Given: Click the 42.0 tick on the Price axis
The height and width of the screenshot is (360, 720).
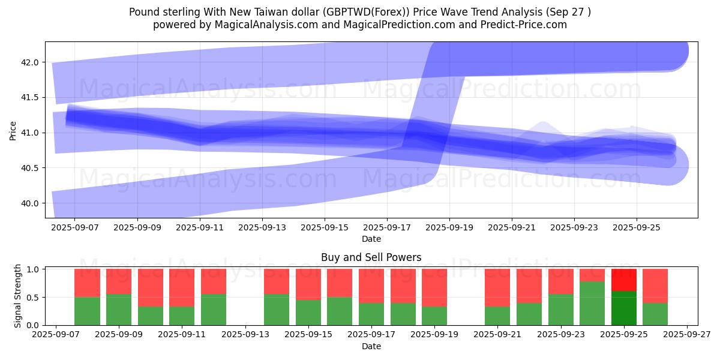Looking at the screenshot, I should pyautogui.click(x=30, y=62).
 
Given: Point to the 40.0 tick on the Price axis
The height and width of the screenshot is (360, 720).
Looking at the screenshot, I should pyautogui.click(x=30, y=203).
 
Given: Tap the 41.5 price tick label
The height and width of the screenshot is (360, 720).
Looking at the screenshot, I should pyautogui.click(x=30, y=97).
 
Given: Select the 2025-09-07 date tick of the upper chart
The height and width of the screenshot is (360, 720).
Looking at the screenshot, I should pyautogui.click(x=74, y=227).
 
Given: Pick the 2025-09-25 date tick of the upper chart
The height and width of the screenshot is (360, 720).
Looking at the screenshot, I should pyautogui.click(x=636, y=227).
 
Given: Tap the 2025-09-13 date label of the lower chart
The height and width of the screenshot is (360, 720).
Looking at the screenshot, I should pyautogui.click(x=245, y=335).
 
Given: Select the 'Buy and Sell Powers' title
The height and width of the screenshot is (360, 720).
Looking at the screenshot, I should pyautogui.click(x=371, y=257).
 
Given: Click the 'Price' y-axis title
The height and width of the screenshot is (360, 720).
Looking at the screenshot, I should pyautogui.click(x=13, y=130).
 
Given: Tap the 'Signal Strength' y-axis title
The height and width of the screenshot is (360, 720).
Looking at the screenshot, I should pyautogui.click(x=18, y=296).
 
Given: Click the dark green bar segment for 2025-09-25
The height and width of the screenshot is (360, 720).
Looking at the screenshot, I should pyautogui.click(x=624, y=308).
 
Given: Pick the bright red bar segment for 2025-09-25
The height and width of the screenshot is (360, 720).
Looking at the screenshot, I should pyautogui.click(x=624, y=280).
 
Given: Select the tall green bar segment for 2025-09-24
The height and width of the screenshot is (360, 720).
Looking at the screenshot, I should pyautogui.click(x=592, y=303).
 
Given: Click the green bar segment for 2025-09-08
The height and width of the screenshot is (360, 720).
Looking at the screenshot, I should pyautogui.click(x=87, y=311).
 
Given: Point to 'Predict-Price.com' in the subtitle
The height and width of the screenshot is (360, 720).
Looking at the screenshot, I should pyautogui.click(x=527, y=25).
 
